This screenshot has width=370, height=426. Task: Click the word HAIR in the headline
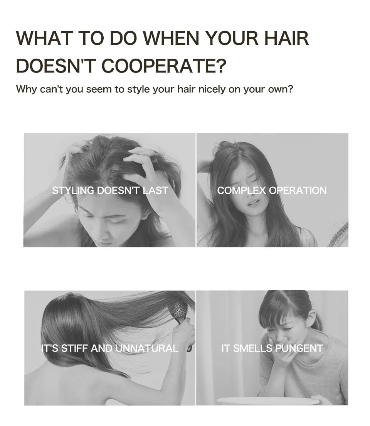coord(286,38)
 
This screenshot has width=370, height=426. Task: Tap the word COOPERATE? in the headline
coord(164,66)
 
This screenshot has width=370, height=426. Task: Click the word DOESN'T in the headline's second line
coord(56,66)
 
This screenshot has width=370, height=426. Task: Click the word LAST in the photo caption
coord(156,191)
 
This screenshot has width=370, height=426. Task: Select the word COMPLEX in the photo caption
coord(242,191)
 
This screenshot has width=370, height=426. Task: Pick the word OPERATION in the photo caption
coord(298,191)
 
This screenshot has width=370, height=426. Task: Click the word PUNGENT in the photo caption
coord(299,348)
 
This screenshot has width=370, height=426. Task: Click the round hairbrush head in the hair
coord(180,310)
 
